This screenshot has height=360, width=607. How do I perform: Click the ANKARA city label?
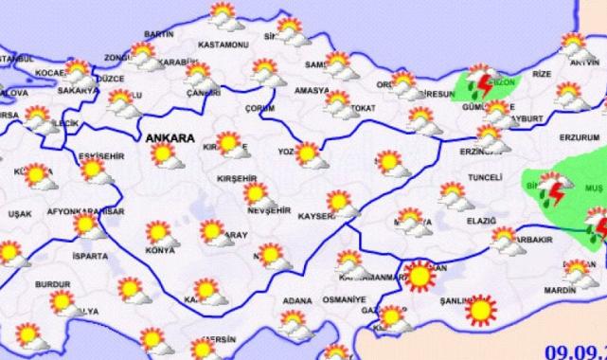[170, 138]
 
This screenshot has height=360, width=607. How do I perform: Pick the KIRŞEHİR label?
[233, 177]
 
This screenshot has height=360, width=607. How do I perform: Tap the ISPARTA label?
[92, 256]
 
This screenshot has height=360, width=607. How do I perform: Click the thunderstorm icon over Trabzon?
[484, 84]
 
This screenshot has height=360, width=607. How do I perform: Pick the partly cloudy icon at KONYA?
[154, 233]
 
